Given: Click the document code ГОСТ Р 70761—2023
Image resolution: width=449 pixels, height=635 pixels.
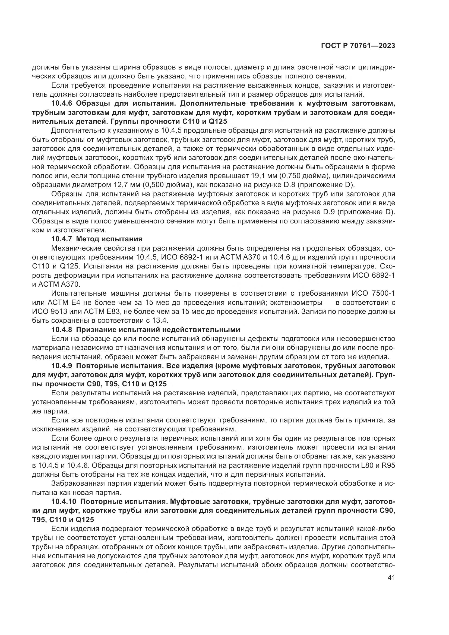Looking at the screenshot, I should point(358,46).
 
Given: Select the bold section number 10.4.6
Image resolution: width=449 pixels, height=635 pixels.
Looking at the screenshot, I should point(62,103).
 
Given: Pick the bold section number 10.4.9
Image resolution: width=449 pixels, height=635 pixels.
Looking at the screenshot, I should point(62,366).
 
